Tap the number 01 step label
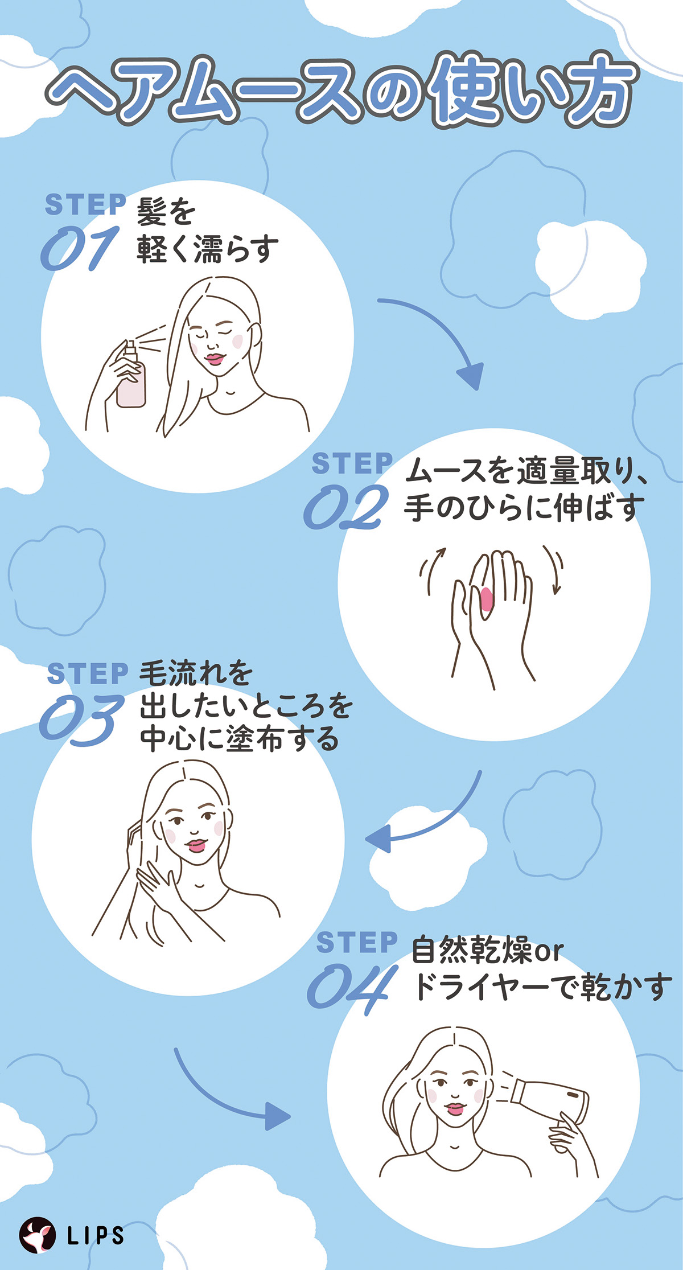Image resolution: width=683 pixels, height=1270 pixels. tap(80, 248)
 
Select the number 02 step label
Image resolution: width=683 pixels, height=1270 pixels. tap(346, 507)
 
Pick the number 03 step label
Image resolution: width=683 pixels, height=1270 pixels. tap(81, 719)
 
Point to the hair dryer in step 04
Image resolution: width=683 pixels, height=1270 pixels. tap(549, 1096)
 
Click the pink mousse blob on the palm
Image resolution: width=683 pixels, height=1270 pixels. tap(487, 599)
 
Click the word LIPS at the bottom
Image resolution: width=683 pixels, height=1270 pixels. tap(95, 1236)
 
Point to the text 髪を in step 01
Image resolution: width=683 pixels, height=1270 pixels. tap(166, 212)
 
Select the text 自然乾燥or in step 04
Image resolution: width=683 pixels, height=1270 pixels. tap(487, 950)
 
